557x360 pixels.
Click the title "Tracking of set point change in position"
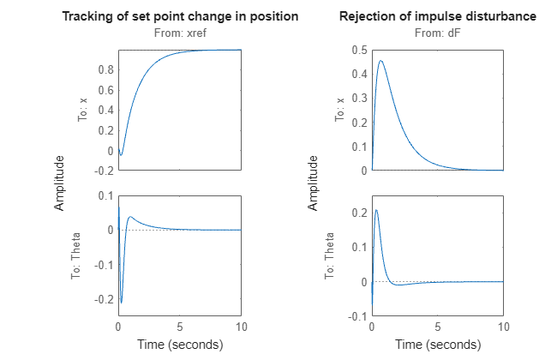[x=180, y=17]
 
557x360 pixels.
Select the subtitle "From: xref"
[x=180, y=33]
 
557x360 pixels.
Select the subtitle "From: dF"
[x=437, y=33]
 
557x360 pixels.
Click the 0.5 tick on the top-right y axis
[x=357, y=50]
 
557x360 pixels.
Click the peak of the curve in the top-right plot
[x=380, y=61]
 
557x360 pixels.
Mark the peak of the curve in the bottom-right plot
[x=376, y=210]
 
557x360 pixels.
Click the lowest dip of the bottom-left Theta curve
[x=122, y=302]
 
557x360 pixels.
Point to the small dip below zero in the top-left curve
[x=121, y=155]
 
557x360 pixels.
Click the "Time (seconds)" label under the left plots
[x=180, y=345]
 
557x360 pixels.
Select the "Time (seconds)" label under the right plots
[x=437, y=345]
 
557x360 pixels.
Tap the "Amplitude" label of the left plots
[x=60, y=183]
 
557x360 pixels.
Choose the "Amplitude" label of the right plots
[x=314, y=183]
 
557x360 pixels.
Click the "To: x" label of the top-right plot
[x=339, y=110]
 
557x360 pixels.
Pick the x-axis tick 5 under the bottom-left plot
[x=180, y=327]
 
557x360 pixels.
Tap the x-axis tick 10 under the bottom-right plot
[x=503, y=327]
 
